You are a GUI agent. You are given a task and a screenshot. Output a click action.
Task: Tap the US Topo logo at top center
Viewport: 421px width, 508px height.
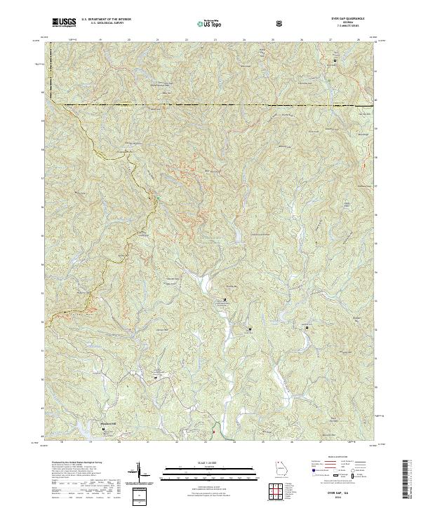pos(203,24)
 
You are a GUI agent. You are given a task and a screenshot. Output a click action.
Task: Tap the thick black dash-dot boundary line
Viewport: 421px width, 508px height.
pos(210,105)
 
